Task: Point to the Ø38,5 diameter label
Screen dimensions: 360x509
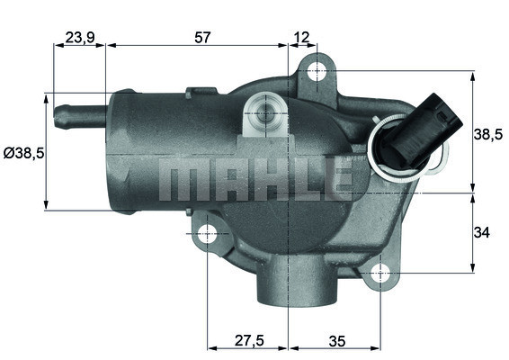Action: [23, 153]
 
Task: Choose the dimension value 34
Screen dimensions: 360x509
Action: [481, 232]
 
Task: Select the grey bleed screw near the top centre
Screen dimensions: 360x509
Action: [263, 114]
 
